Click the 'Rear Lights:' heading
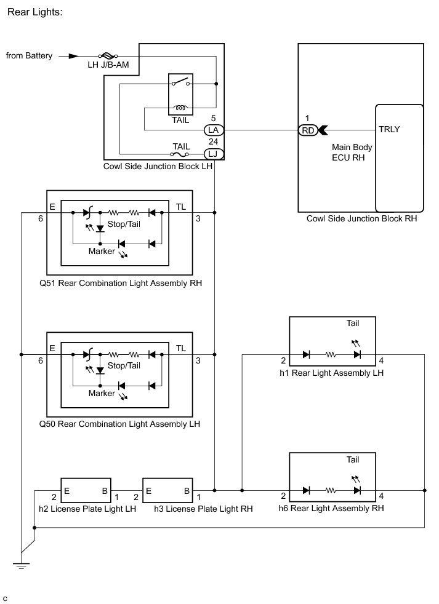click(x=34, y=12)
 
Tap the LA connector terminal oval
click(x=213, y=130)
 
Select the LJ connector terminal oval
click(x=213, y=154)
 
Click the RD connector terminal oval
click(x=308, y=130)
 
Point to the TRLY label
click(x=389, y=129)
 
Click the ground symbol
click(x=21, y=565)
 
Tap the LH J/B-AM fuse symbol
click(x=108, y=56)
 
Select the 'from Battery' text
click(x=29, y=55)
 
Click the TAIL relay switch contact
click(x=180, y=82)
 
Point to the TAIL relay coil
click(x=180, y=108)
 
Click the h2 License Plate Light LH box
click(x=86, y=490)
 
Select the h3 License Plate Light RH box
click(x=167, y=490)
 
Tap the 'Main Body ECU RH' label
click(x=352, y=152)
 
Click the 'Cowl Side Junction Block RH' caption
click(x=361, y=218)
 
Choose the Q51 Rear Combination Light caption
click(x=120, y=283)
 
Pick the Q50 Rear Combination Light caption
click(x=119, y=424)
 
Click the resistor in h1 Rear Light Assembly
click(x=330, y=354)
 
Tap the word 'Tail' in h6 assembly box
click(x=353, y=459)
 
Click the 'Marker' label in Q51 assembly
click(x=102, y=251)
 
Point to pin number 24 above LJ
click(x=213, y=141)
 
